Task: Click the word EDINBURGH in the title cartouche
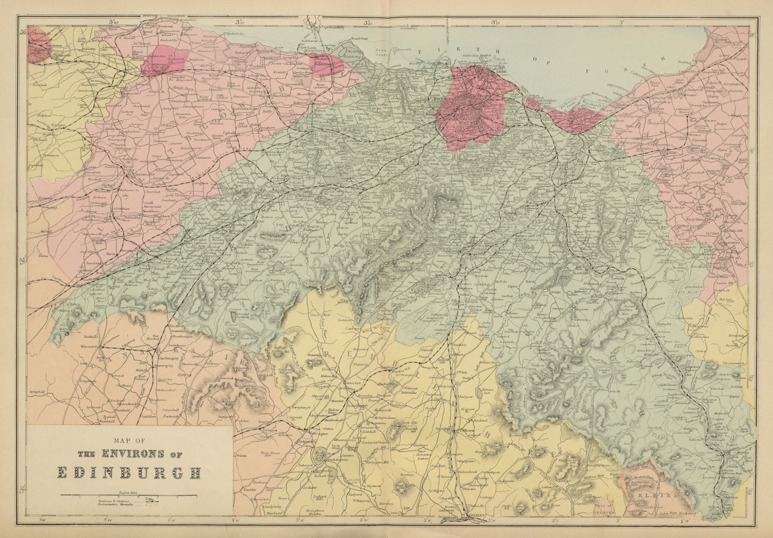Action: click(x=129, y=472)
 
